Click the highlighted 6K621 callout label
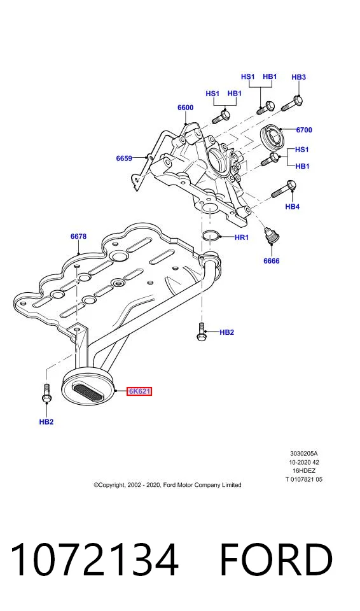coord(139,391)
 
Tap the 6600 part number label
coord(186,108)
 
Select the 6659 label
coord(124,158)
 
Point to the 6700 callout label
coord(304,130)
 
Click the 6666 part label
coord(272,261)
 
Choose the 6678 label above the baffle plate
coord(78,236)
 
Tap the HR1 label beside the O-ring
coord(242,237)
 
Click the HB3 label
coord(299,77)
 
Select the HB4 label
coord(292,206)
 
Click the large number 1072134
coord(94,559)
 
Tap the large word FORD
coord(276,559)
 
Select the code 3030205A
coord(304,454)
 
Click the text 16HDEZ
coord(304,471)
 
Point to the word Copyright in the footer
coord(109,485)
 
